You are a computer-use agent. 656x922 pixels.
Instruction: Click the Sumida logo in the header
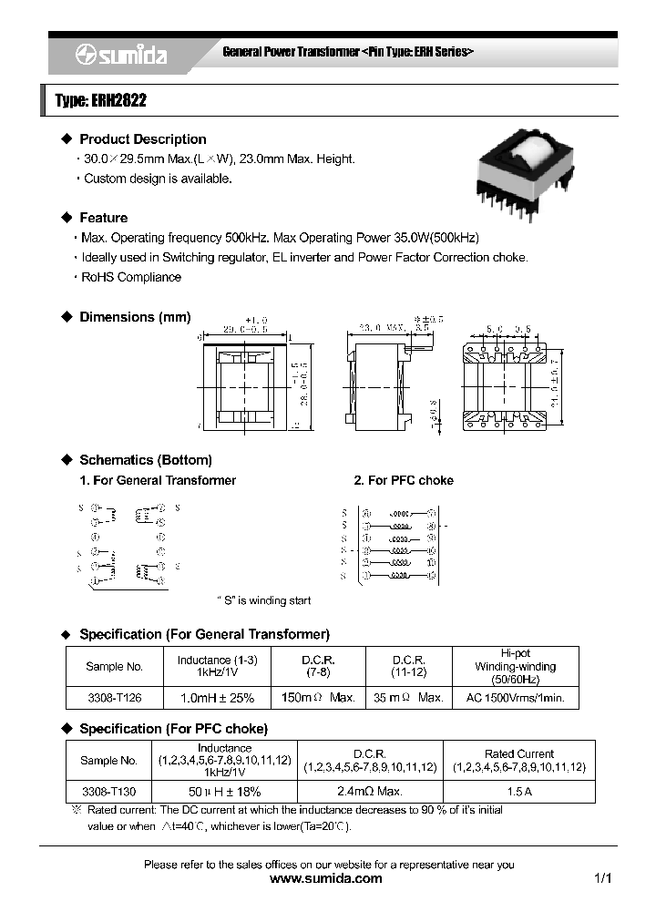coord(120,56)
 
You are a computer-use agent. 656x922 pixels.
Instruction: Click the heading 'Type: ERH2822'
coord(100,102)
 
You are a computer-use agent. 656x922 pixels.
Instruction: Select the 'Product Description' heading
coord(142,139)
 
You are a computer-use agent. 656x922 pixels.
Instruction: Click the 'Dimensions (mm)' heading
coord(135,317)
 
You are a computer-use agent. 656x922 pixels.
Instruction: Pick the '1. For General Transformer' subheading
coord(158,480)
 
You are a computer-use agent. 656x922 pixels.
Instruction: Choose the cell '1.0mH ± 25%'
coord(216,697)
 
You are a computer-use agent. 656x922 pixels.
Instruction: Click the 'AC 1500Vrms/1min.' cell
coord(515,697)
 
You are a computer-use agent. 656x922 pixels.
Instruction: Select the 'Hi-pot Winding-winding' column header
coord(515,666)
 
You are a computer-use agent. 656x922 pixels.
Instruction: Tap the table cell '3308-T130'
coord(108,792)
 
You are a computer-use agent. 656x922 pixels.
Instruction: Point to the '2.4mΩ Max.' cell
coord(370,792)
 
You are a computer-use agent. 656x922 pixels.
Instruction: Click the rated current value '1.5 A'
coord(518,792)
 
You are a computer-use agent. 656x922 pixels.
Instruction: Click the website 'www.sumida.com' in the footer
coord(327,879)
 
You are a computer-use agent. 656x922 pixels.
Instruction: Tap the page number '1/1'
coord(602,879)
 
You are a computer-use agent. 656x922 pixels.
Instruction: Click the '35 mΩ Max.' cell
coord(408,697)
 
